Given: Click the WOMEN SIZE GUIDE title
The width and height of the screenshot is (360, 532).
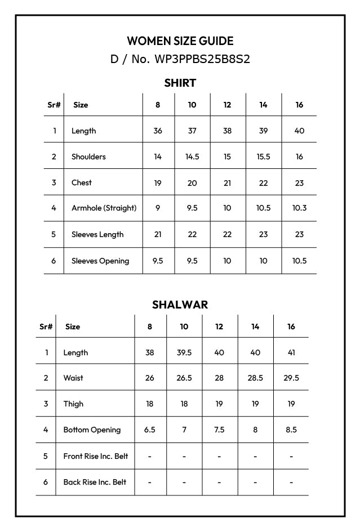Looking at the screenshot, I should pyautogui.click(x=180, y=41).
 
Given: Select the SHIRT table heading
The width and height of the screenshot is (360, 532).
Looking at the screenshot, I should pyautogui.click(x=180, y=83).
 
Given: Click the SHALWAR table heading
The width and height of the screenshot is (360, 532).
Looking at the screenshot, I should pyautogui.click(x=180, y=305).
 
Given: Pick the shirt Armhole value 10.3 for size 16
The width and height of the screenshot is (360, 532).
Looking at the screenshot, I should pyautogui.click(x=299, y=208).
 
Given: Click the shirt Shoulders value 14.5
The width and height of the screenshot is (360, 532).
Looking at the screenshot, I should pyautogui.click(x=192, y=157).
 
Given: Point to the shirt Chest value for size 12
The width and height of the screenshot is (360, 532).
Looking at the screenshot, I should pyautogui.click(x=227, y=182).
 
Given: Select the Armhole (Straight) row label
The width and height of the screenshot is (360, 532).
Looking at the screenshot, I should pyautogui.click(x=104, y=208).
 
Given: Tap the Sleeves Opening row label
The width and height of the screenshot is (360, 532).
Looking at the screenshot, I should pyautogui.click(x=100, y=261).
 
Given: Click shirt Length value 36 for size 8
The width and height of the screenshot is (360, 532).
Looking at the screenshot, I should pyautogui.click(x=158, y=131).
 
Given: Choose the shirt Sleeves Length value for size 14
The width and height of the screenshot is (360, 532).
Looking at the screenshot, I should pyautogui.click(x=263, y=234).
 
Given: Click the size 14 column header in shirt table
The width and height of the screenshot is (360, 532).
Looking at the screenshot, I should pyautogui.click(x=263, y=105).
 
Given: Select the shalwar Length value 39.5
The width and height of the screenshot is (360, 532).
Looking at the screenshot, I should pyautogui.click(x=184, y=352).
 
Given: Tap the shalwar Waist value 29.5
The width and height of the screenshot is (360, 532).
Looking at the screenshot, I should pyautogui.click(x=291, y=378).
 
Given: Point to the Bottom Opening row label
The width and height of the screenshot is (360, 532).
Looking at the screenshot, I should pyautogui.click(x=92, y=430).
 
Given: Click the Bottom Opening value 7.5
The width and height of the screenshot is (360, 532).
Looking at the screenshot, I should pyautogui.click(x=219, y=430).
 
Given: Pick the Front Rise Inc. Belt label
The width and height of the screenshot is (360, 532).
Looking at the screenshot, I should pyautogui.click(x=95, y=456).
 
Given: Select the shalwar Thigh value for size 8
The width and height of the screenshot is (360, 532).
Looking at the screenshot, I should pyautogui.click(x=149, y=404).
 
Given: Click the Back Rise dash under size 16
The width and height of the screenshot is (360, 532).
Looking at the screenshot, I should pyautogui.click(x=291, y=482).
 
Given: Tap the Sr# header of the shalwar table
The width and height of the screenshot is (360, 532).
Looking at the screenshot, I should pyautogui.click(x=46, y=327).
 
